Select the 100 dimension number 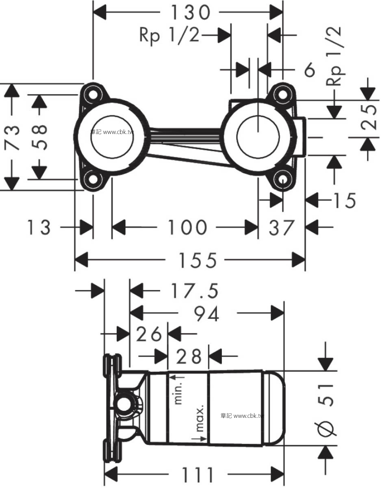187,228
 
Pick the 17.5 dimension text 194,292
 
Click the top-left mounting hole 93,94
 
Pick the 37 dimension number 281,228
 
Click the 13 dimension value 39,228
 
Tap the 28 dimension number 189,356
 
